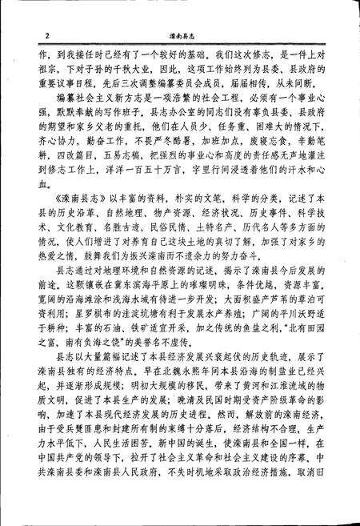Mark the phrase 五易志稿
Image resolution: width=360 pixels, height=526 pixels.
(98, 179)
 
